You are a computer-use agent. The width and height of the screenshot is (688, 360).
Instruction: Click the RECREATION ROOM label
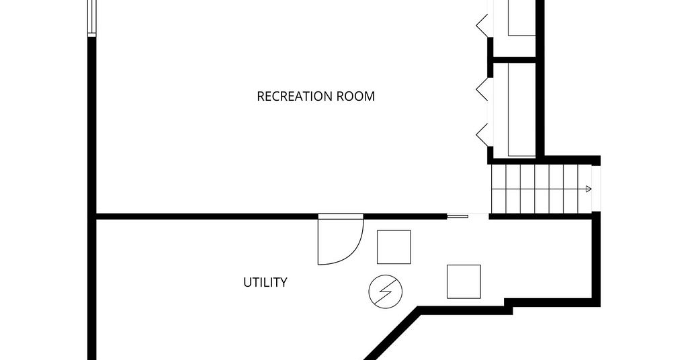[316, 96]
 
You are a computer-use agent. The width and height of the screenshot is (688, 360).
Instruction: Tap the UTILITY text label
[265, 282]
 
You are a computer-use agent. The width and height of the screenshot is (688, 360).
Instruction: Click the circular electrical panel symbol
[386, 291]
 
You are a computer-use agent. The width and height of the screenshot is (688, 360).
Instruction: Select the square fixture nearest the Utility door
[394, 247]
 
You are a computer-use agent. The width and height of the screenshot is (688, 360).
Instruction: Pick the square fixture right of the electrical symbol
[464, 281]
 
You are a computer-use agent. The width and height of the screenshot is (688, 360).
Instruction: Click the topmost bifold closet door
[481, 26]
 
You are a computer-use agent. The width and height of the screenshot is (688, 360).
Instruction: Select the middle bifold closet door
[481, 89]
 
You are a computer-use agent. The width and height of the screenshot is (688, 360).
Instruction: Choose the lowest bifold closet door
[481, 134]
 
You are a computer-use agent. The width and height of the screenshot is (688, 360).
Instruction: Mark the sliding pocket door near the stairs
[458, 216]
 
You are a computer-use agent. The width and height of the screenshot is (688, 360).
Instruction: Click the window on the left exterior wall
[91, 18]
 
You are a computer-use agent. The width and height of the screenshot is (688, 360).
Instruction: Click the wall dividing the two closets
[514, 60]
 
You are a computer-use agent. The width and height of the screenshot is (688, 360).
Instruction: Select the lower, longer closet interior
[514, 109]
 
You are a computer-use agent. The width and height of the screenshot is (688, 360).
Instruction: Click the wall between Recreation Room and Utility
[270, 216]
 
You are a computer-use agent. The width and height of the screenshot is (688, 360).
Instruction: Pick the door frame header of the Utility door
[341, 216]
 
